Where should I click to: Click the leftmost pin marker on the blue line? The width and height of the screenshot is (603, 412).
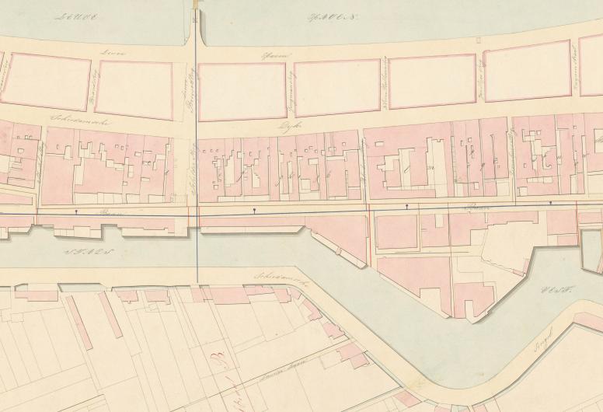[x=75, y=211]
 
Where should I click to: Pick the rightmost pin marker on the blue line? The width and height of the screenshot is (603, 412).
[x=551, y=204]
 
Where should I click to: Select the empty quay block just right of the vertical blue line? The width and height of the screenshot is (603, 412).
[x=242, y=90]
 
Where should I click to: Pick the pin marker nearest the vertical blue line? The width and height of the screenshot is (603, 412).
[x=254, y=210]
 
